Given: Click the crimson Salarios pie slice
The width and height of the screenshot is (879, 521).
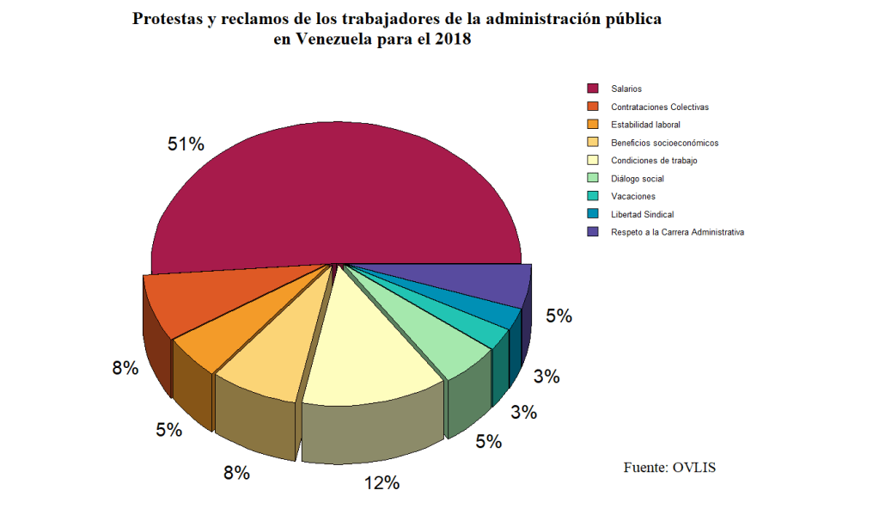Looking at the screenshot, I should coord(335,198).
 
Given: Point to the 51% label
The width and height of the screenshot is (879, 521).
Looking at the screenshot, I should coord(186,144).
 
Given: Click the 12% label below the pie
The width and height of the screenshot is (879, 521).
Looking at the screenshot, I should coord(382,482).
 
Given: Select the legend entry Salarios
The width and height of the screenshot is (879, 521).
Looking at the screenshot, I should coord(626,89).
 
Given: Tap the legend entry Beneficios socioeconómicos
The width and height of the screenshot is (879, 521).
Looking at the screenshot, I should coord(664,143).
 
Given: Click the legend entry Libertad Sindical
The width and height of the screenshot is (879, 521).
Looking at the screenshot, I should coord(642,214).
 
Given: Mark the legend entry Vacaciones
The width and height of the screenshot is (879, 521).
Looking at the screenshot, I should coord(633,196).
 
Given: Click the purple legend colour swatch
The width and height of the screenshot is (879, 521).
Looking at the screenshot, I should coord(593,232).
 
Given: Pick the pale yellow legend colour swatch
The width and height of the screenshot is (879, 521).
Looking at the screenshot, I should coord(593,161).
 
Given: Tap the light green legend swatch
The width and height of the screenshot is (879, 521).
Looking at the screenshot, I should coord(593,179).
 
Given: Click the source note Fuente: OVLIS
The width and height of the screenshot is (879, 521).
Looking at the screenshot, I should coord(669,468).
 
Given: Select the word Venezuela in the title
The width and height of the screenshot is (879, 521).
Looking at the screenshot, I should coord(333,40).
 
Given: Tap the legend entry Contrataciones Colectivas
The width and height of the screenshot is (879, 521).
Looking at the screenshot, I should coord(660,107).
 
